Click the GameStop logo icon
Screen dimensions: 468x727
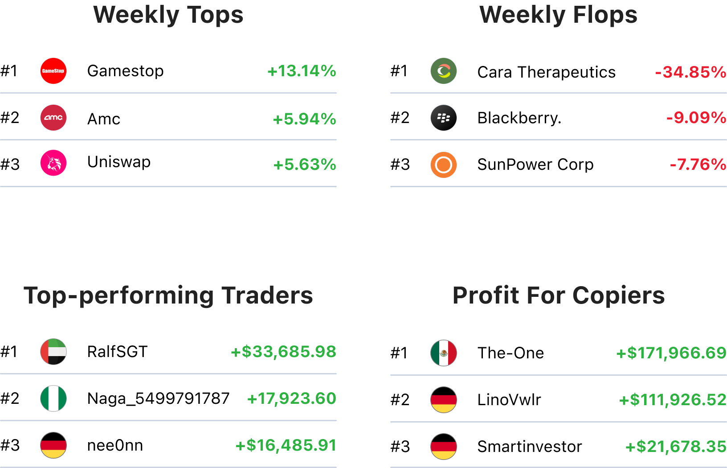pos(53,71)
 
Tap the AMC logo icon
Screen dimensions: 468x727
pos(53,118)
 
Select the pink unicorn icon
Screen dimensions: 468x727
pos(53,163)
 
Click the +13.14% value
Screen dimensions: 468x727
pos(302,71)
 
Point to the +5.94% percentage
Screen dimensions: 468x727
pos(304,119)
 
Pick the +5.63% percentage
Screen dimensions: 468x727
pos(305,164)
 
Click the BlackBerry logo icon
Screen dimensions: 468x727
pos(444,118)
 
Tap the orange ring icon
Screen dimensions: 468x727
pos(444,165)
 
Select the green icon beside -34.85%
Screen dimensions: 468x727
pos(444,71)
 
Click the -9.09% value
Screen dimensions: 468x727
pos(696,118)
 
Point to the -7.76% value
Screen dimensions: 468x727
pos(698,164)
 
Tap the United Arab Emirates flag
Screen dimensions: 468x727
pos(53,352)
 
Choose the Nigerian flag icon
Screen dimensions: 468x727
pos(53,398)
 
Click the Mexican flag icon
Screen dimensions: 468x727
pos(444,353)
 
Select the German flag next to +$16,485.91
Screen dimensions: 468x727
pos(53,445)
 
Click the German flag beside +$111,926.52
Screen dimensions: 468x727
pos(444,400)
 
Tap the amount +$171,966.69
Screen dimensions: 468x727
pos(671,353)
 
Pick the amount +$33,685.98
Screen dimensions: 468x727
pos(283,352)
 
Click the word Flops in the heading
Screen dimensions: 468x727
pos(605,15)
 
